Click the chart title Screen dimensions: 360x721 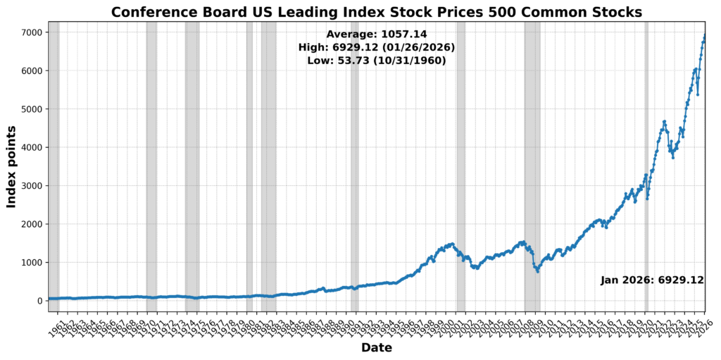tap(377, 12)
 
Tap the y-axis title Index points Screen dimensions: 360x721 tap(11, 167)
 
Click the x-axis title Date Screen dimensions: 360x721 tap(377, 347)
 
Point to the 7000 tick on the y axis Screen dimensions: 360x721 tap(32, 32)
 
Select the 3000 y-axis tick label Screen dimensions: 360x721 tap(32, 186)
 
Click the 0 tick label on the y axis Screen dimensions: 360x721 tap(39, 301)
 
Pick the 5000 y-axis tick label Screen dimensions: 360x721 tap(32, 109)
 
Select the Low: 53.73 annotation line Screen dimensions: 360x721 tap(377, 61)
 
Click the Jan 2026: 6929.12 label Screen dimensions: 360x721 tap(652, 280)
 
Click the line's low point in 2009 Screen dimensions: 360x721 tap(538, 271)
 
